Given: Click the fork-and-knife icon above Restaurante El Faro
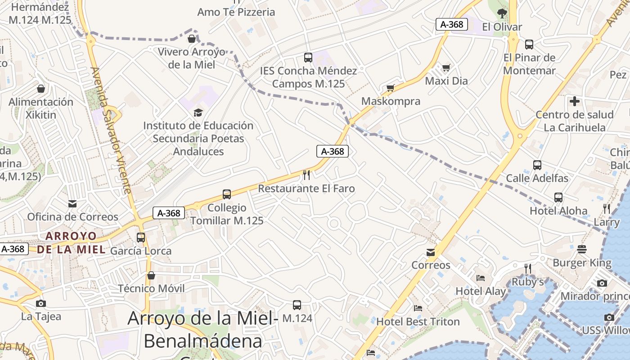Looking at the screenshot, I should pyautogui.click(x=306, y=175).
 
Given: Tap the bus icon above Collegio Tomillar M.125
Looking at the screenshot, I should pyautogui.click(x=227, y=194).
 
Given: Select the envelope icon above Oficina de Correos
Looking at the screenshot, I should pyautogui.click(x=72, y=204).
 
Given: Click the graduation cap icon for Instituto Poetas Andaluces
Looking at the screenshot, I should pyautogui.click(x=198, y=112).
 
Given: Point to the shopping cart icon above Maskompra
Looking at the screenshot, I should pyautogui.click(x=390, y=88).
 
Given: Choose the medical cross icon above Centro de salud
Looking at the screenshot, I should pyautogui.click(x=574, y=101).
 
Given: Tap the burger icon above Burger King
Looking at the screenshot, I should pyautogui.click(x=582, y=249).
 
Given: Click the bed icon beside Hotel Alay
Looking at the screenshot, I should pyautogui.click(x=481, y=278).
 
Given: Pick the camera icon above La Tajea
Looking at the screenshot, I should pyautogui.click(x=41, y=303).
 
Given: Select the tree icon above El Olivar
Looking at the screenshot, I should pyautogui.click(x=502, y=13).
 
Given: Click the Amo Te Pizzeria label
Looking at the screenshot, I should pyautogui.click(x=236, y=12).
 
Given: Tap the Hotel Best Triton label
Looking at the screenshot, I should pyautogui.click(x=418, y=322).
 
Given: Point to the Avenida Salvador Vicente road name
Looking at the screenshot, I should pyautogui.click(x=111, y=130).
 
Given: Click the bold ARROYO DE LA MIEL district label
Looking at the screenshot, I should pyautogui.click(x=71, y=243).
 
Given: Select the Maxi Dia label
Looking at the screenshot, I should pyautogui.click(x=446, y=81).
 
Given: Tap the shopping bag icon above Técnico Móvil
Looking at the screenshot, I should pyautogui.click(x=151, y=275).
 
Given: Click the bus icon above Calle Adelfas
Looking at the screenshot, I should pyautogui.click(x=537, y=165).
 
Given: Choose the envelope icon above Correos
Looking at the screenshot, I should pyautogui.click(x=431, y=252).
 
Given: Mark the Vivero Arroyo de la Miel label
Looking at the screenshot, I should pyautogui.click(x=191, y=58).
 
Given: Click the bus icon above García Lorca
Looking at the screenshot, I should pyautogui.click(x=141, y=237).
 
